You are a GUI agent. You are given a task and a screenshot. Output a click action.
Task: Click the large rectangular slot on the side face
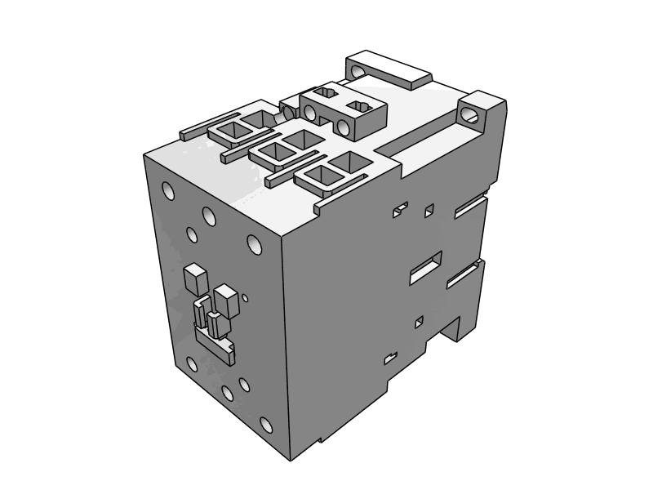[425, 267]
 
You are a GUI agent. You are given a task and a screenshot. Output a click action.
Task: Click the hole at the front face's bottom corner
[265, 425]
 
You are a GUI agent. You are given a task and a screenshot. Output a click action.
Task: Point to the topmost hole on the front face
[168, 192]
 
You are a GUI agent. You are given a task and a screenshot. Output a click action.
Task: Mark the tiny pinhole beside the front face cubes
[245, 297]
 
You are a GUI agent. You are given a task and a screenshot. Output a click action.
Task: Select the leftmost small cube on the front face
[194, 279]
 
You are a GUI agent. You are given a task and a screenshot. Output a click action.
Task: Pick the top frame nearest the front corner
[330, 175]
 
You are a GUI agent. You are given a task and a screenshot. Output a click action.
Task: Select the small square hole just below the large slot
[419, 322]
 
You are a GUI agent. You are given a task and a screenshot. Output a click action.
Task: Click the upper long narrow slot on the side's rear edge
[469, 208]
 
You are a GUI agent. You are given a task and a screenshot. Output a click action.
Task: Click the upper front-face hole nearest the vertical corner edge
[254, 243]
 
